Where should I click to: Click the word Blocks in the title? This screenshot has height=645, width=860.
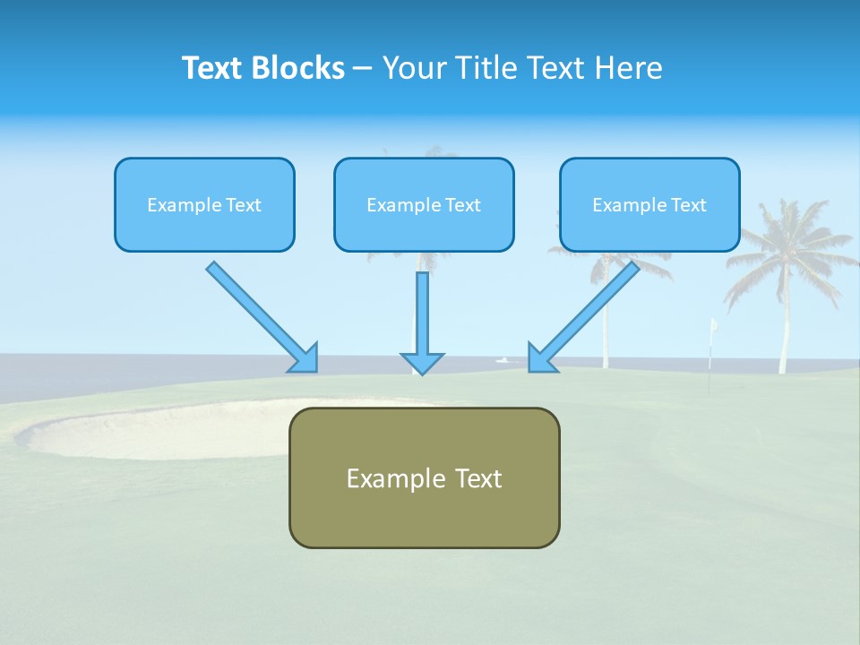(298, 67)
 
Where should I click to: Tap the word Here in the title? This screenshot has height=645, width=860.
(629, 67)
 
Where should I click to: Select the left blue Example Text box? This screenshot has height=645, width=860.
(204, 204)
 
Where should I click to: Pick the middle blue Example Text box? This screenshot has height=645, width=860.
(424, 204)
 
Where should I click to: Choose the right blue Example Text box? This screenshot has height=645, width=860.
(650, 204)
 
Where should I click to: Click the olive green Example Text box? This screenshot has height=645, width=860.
(425, 477)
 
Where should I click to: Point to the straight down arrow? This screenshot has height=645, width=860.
(422, 323)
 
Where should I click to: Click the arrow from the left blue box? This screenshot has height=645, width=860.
(262, 317)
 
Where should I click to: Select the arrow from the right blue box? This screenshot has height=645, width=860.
(584, 317)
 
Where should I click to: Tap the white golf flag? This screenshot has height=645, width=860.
(714, 324)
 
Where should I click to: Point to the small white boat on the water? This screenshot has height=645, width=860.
(502, 360)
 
